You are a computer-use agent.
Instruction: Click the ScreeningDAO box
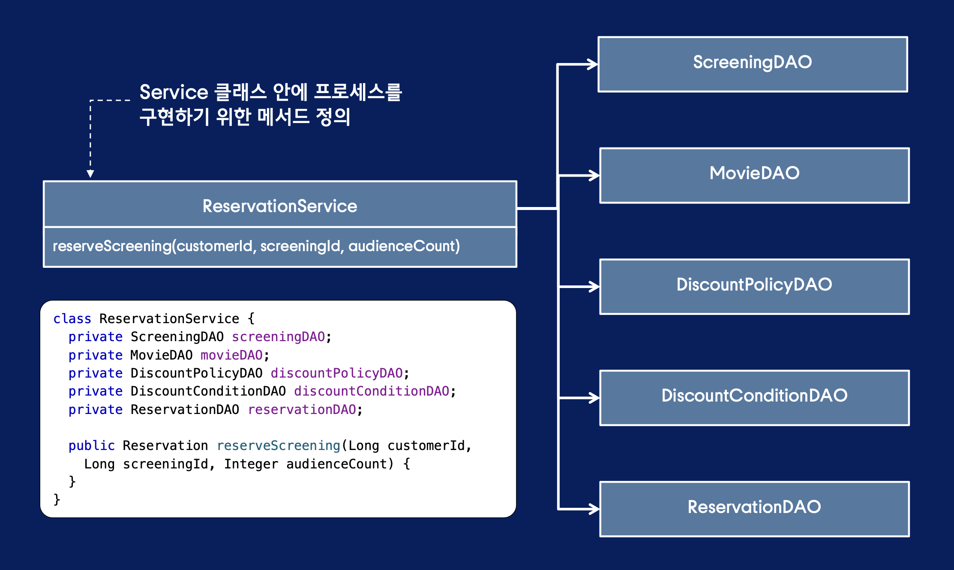pyautogui.click(x=753, y=64)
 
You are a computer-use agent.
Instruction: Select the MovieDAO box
pyautogui.click(x=754, y=175)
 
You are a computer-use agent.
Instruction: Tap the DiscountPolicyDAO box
pyautogui.click(x=754, y=286)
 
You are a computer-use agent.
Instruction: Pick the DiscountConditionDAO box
pyautogui.click(x=754, y=398)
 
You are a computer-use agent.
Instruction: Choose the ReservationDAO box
pyautogui.click(x=754, y=509)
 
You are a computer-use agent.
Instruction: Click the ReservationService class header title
pyautogui.click(x=280, y=206)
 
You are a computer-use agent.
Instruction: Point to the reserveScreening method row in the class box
pyautogui.click(x=256, y=246)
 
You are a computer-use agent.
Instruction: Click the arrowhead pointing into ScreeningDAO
pyautogui.click(x=593, y=64)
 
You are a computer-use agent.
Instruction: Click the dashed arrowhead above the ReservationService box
pyautogui.click(x=90, y=174)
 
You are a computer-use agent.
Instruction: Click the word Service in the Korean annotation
pyautogui.click(x=174, y=93)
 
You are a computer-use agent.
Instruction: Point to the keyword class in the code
pyautogui.click(x=72, y=319)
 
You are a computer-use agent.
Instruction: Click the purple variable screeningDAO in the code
pyautogui.click(x=279, y=337)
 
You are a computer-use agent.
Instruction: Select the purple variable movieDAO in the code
pyautogui.click(x=231, y=355)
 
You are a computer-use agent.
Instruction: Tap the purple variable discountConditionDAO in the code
pyautogui.click(x=372, y=391)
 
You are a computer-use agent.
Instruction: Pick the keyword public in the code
pyautogui.click(x=91, y=446)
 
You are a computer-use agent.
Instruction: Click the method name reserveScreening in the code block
pyautogui.click(x=279, y=446)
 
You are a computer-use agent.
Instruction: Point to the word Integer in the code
pyautogui.click(x=251, y=464)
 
